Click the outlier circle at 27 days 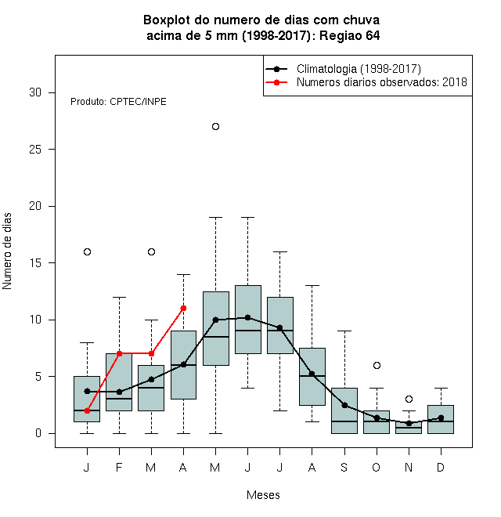coord(215,127)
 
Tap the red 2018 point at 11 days coord(184,309)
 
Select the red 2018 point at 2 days coord(87,410)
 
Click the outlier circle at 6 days coord(377,365)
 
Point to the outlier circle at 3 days coord(409,399)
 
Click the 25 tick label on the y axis coord(35,150)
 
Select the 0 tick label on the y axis coord(38,433)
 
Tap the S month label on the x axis coord(344,467)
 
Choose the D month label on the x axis coord(441,467)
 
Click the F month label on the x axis coord(119,467)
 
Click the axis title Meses coord(263,495)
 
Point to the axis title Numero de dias coord(7,251)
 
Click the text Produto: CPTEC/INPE coord(118,102)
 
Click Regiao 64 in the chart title coord(350,35)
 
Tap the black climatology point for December coord(441,418)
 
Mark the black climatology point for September coord(344,405)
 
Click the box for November coord(409,428)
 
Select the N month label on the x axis coord(409,467)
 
